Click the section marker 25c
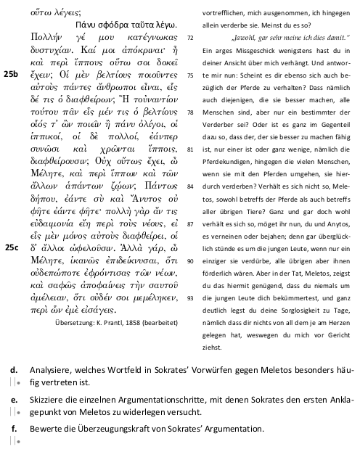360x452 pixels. (x=12, y=247)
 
